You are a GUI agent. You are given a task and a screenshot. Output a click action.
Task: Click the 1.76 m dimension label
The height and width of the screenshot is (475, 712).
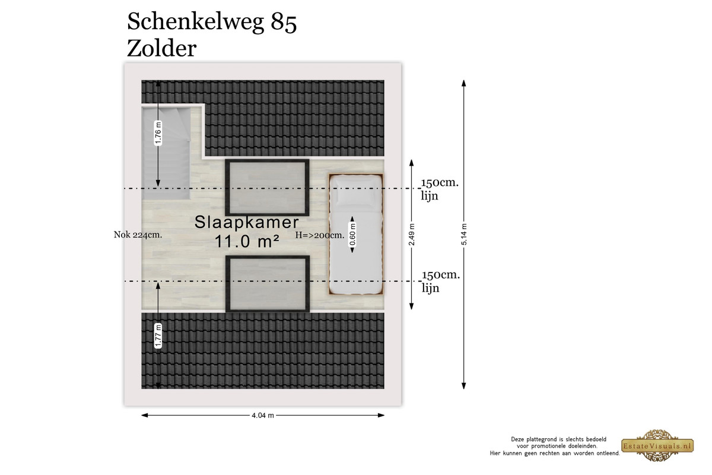158,133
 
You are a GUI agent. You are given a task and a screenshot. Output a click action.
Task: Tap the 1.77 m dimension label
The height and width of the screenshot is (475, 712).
158,335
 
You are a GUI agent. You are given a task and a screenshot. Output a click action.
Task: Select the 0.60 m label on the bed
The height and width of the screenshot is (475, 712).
352,235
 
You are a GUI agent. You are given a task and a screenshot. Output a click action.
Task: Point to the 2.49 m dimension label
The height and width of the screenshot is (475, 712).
412,235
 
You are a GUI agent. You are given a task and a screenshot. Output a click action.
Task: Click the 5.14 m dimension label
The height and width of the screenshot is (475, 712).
464,234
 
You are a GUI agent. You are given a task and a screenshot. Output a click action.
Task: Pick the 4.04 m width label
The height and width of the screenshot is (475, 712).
263,415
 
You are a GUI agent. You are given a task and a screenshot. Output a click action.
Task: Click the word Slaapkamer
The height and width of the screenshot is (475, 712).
247,221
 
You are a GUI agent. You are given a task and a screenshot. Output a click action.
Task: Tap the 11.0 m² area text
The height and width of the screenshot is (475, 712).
247,241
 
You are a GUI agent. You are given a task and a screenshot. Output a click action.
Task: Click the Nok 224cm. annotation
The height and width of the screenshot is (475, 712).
138,235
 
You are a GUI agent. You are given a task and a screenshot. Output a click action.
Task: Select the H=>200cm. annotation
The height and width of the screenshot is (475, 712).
320,235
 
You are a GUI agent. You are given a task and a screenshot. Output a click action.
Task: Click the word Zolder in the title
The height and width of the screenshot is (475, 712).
162,49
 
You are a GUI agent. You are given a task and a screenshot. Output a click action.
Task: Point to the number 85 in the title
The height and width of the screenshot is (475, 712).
284,23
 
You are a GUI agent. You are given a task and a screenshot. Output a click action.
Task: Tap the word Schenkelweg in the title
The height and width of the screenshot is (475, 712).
195,23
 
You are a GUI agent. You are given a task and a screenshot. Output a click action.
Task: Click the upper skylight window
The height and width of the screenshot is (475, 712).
267,188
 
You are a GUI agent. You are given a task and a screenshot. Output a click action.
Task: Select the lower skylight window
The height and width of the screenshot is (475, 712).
268,284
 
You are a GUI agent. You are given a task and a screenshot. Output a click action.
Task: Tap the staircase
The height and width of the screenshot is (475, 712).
166,153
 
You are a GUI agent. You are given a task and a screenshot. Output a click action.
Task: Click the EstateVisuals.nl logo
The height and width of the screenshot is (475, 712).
657,445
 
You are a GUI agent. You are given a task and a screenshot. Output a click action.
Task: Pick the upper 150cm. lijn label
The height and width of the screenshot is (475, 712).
440,189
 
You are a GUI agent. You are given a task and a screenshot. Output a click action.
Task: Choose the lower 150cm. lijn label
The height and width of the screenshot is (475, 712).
441,281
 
